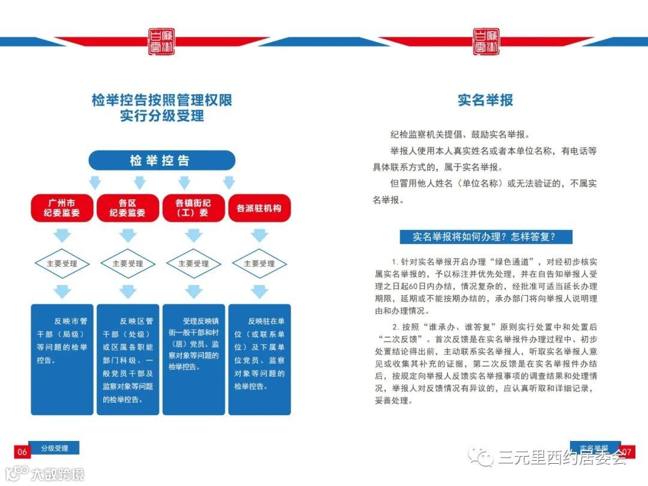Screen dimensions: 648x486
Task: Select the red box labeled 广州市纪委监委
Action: point(62,207)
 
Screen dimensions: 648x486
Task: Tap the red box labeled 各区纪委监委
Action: point(127,207)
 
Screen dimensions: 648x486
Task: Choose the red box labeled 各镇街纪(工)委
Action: point(193,207)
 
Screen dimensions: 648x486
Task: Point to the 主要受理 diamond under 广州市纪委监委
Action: point(62,263)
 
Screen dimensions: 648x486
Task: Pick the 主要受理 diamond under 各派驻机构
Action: point(259,263)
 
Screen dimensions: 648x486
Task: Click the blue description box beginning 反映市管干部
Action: point(62,359)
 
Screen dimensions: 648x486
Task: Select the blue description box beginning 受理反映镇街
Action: point(193,359)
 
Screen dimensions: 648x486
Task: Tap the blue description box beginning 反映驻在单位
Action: point(259,359)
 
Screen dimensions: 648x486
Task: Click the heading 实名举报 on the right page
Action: point(485,100)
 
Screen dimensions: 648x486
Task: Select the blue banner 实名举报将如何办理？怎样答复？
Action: point(486,236)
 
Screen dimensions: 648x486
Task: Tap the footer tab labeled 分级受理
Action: point(55,448)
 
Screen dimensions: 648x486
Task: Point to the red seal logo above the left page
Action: point(161,41)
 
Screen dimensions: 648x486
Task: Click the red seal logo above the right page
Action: point(485,41)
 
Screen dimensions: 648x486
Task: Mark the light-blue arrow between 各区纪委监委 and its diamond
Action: point(127,235)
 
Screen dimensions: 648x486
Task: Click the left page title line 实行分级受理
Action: point(161,116)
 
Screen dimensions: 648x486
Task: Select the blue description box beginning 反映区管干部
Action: point(127,359)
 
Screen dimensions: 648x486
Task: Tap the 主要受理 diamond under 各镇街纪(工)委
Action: point(193,263)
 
